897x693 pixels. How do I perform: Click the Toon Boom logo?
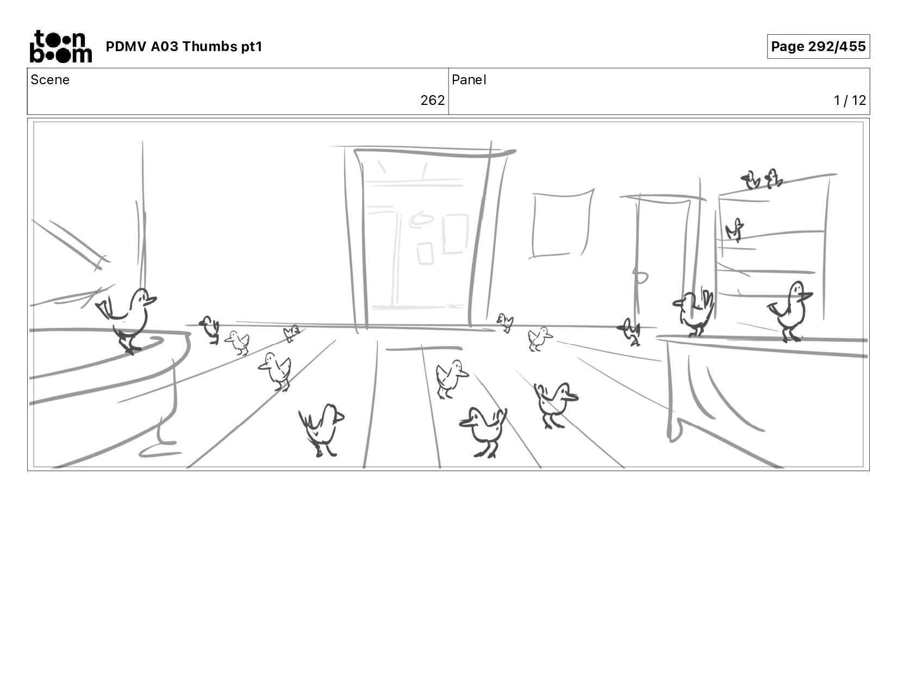click(x=61, y=46)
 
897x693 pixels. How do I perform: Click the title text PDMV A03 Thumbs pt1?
click(x=184, y=46)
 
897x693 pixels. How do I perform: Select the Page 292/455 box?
click(x=818, y=46)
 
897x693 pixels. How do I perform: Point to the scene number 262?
click(x=432, y=100)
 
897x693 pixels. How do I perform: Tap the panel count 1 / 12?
click(x=850, y=100)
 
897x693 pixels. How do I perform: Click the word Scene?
click(x=50, y=80)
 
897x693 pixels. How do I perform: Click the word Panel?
click(x=469, y=80)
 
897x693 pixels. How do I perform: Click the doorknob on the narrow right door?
click(x=640, y=277)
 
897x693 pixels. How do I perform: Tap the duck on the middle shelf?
click(x=735, y=229)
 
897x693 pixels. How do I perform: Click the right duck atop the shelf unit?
click(x=773, y=178)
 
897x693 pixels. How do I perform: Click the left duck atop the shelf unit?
click(x=750, y=180)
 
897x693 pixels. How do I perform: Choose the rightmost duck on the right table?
click(x=790, y=310)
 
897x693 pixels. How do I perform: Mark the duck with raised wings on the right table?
click(x=694, y=313)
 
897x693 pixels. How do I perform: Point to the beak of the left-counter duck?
click(x=152, y=300)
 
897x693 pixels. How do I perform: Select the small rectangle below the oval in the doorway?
click(x=425, y=253)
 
